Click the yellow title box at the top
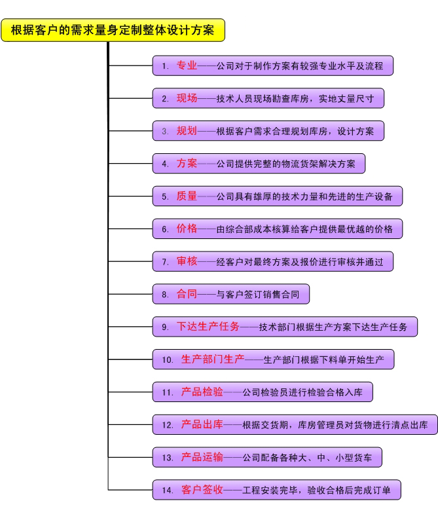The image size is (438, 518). (x=113, y=31)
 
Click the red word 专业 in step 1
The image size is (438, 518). (x=187, y=65)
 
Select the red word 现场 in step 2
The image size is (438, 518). (x=187, y=98)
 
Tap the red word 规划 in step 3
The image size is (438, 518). (x=187, y=130)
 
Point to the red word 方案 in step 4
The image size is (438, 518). (x=187, y=163)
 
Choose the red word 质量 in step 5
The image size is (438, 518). (x=187, y=196)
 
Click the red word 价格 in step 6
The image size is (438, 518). (x=187, y=229)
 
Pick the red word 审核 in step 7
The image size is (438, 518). (x=187, y=261)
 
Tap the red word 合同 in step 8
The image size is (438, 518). (x=187, y=294)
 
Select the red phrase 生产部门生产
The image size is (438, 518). (x=213, y=360)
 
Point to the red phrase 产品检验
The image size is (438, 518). (x=202, y=392)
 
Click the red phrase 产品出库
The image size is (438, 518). (x=202, y=424)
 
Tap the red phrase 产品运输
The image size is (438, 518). (x=202, y=457)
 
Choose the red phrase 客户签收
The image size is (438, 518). (x=202, y=490)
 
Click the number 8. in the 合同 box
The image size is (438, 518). (x=165, y=295)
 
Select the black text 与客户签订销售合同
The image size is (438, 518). (x=258, y=295)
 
